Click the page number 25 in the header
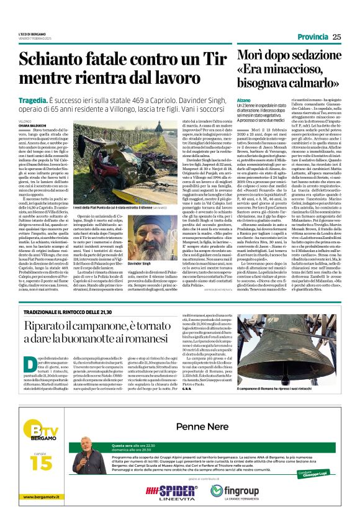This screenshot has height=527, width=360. coord(336,37)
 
